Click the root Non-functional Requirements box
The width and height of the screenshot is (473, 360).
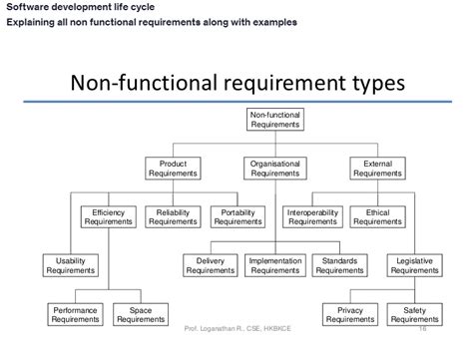273,120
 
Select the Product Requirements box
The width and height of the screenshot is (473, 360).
168,167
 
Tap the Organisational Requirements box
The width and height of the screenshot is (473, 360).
273,167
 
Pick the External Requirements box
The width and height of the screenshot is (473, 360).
378,167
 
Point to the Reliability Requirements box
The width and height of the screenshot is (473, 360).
174,215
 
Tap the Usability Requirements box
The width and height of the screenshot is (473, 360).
70,264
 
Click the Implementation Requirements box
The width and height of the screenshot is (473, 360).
273,264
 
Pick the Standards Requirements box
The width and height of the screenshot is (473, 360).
337,264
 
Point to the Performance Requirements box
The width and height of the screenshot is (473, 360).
75,313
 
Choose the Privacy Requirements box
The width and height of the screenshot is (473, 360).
349,313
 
